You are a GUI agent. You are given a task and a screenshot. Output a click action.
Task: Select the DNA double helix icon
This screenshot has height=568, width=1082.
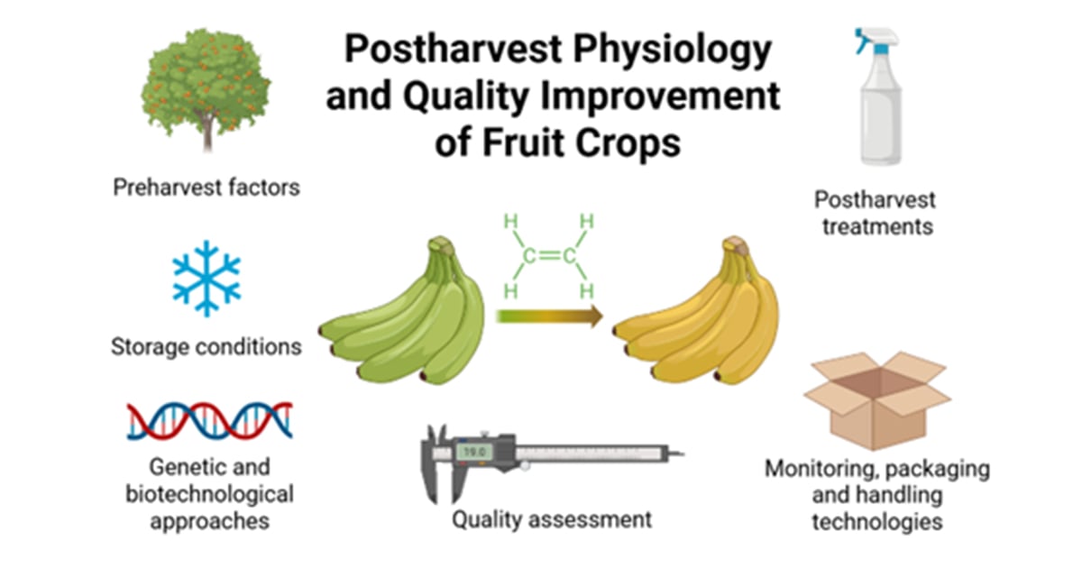pyautogui.click(x=209, y=419)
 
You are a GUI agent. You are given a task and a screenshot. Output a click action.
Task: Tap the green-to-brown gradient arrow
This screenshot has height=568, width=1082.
pyautogui.click(x=548, y=316)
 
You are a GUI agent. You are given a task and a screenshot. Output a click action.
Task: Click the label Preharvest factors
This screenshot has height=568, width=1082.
pyautogui.click(x=206, y=188)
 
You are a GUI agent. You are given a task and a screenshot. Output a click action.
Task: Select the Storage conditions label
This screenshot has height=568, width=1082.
pyautogui.click(x=206, y=346)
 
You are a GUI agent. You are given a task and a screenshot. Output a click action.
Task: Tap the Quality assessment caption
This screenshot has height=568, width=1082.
pyautogui.click(x=552, y=519)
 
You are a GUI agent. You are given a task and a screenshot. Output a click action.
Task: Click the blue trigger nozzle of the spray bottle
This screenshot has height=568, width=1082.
pyautogui.click(x=864, y=41)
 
